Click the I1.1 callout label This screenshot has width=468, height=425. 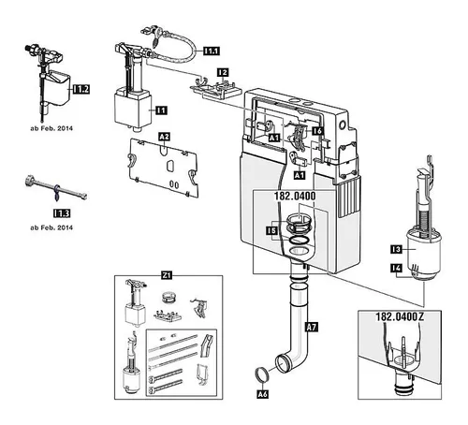(212, 51)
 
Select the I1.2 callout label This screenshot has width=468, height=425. (81, 89)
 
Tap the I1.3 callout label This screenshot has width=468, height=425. (62, 213)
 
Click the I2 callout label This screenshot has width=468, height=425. (223, 72)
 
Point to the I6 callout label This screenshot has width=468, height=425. (317, 131)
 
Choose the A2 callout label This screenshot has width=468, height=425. (165, 137)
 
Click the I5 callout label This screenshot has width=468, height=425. (271, 231)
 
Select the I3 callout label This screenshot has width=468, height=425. (396, 249)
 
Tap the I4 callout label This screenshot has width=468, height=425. (397, 268)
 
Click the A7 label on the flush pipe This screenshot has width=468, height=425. (312, 327)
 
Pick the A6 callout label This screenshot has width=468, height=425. (263, 394)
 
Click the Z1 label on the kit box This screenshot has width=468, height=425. (167, 275)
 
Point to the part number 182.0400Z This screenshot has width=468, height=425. (400, 316)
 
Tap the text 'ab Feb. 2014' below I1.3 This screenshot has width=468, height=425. (51, 227)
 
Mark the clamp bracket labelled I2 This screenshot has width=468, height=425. (216, 88)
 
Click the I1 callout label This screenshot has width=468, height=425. (162, 110)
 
